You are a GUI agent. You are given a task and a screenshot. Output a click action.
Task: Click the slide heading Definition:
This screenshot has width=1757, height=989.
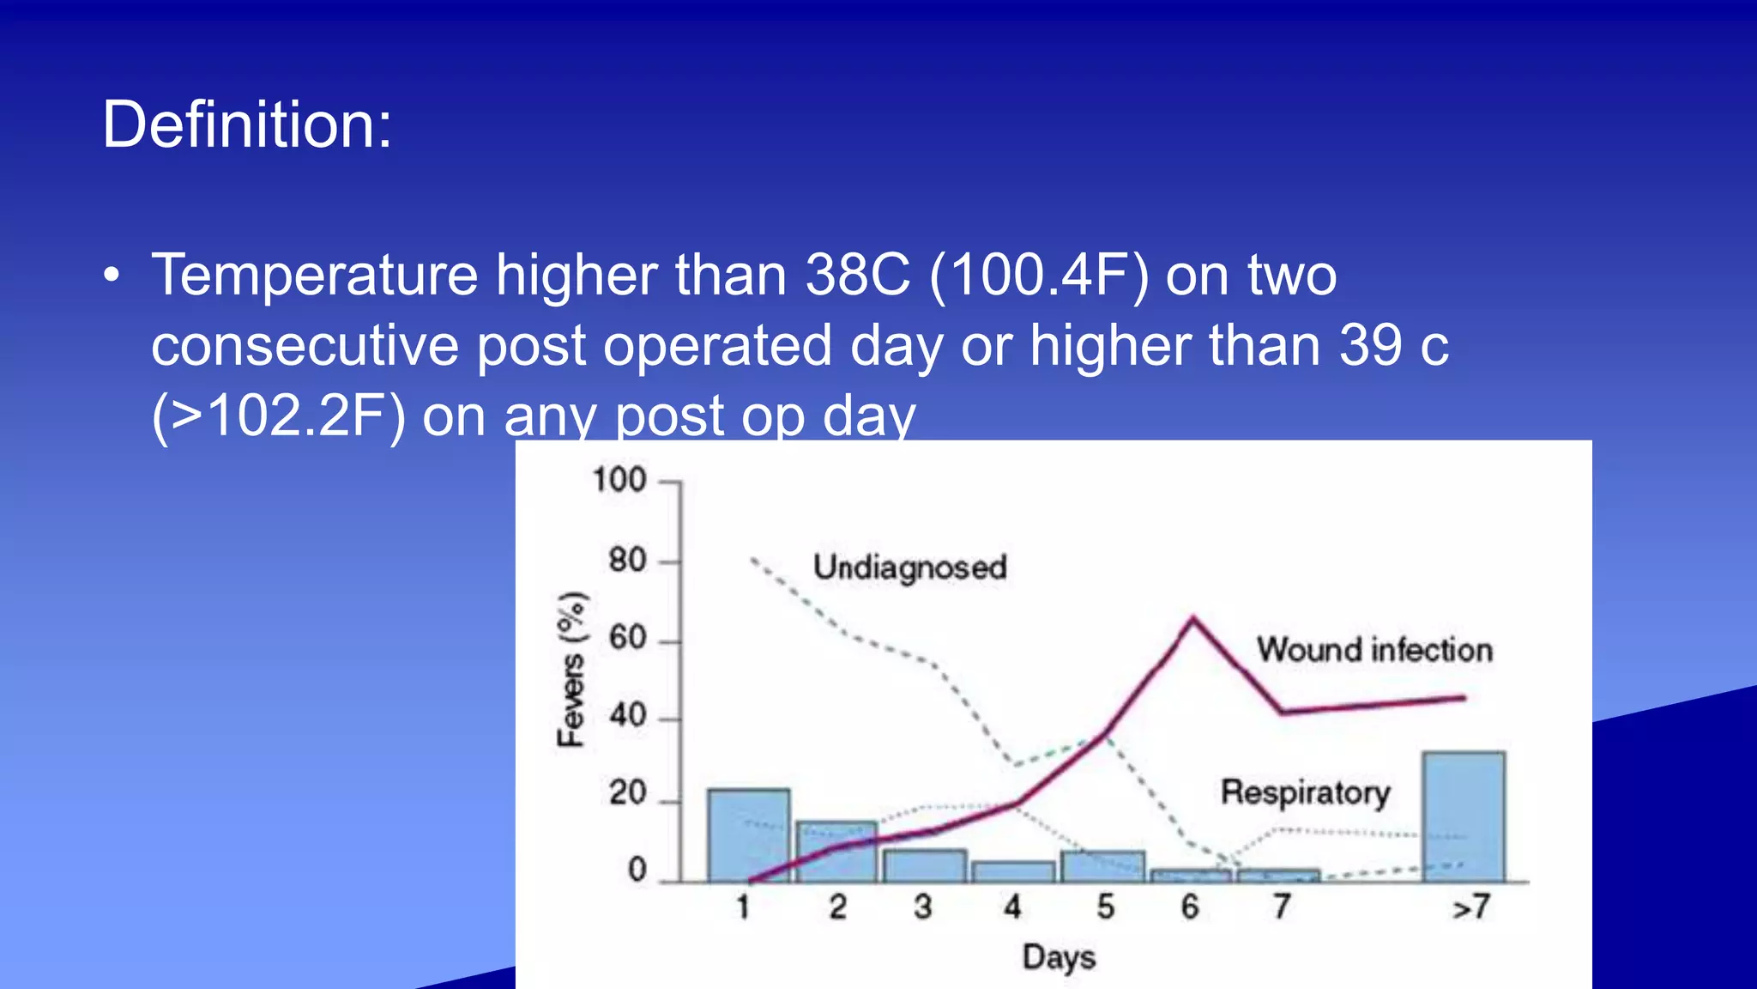[x=247, y=125]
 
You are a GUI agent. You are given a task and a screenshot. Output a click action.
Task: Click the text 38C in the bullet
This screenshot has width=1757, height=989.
[x=857, y=276]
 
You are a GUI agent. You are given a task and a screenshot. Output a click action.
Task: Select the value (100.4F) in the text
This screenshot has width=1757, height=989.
[x=1039, y=276]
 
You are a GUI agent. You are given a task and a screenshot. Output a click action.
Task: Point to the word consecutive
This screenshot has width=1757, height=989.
[x=305, y=346]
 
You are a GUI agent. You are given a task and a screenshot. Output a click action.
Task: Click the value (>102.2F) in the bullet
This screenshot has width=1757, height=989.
[x=278, y=416]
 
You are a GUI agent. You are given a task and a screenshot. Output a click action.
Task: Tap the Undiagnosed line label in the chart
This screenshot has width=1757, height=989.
[x=909, y=567]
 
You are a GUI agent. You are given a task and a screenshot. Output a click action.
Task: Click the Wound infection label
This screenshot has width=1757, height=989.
[x=1374, y=650]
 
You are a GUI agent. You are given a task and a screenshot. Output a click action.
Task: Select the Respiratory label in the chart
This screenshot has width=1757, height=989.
[x=1305, y=792]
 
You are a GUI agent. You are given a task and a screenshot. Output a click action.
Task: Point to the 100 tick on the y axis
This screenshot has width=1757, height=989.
[x=619, y=480]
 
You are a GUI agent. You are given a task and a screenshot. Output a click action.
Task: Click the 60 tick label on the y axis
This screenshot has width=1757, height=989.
[x=627, y=639]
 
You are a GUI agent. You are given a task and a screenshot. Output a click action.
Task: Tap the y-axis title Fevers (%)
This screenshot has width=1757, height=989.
[x=572, y=670]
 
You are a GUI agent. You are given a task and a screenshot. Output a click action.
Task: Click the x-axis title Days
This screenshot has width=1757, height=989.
[x=1059, y=957]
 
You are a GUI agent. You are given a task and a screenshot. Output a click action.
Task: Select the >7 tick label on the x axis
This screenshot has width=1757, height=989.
[x=1470, y=907]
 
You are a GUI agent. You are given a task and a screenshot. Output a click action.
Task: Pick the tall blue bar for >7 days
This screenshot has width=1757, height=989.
[x=1463, y=816]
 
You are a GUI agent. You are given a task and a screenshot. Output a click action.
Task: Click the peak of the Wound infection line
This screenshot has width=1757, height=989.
[x=1192, y=618]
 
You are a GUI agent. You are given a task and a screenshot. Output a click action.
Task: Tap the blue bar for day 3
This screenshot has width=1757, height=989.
[x=924, y=865]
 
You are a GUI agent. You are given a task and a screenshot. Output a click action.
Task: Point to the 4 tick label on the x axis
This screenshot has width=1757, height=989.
[x=1013, y=907]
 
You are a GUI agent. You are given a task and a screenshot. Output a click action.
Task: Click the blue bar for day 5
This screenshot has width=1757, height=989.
[x=1102, y=865]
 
